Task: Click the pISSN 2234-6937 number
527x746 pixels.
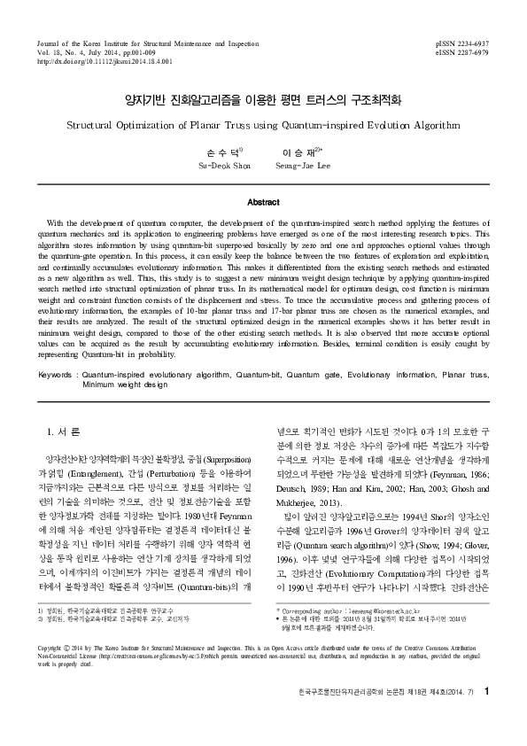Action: pos(462,43)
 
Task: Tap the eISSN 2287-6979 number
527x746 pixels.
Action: pos(462,52)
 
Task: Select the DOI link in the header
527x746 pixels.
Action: pos(105,62)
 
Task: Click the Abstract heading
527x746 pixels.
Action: pos(263,202)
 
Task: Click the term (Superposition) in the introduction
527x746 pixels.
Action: pos(225,462)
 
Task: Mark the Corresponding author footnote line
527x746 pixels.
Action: pos(345,660)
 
